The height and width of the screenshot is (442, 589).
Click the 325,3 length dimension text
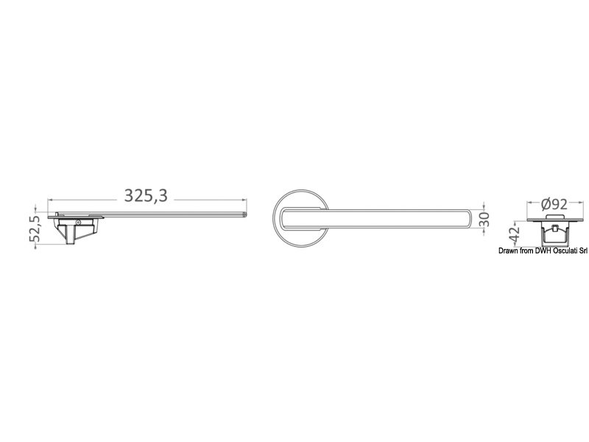point(146,195)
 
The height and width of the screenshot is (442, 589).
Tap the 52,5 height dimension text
point(34,229)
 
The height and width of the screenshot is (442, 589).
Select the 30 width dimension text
point(484,220)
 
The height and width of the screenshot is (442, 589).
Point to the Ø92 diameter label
point(554,204)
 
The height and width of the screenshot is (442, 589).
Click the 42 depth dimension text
point(514,234)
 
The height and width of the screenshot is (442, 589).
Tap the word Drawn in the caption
point(508,250)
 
